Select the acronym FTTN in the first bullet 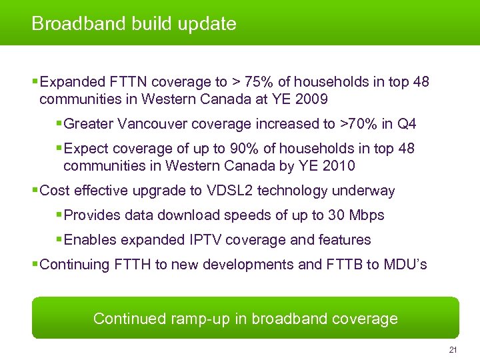[127, 82]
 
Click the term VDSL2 [229, 191]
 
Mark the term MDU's [406, 265]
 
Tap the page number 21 [453, 351]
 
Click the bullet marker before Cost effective [35, 191]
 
